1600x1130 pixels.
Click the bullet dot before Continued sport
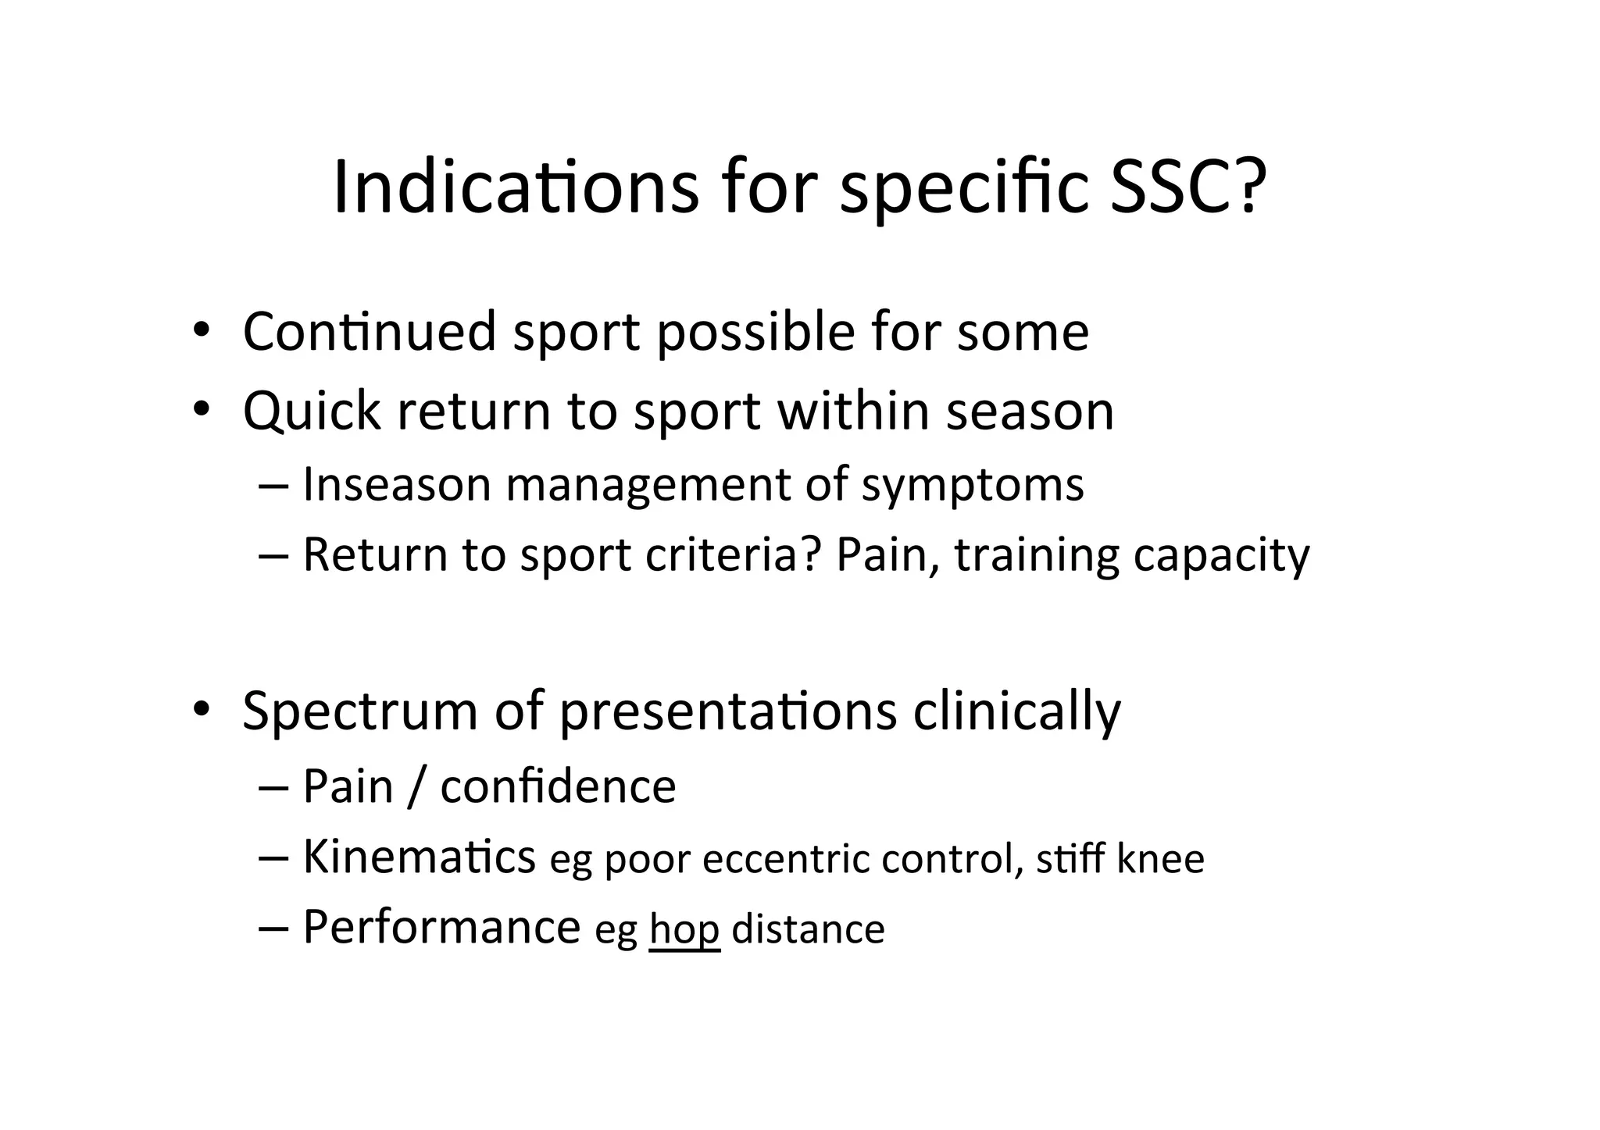pos(201,330)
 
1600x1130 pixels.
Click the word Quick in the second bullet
pos(311,412)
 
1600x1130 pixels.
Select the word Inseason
pos(396,484)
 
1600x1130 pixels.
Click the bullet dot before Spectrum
pos(201,709)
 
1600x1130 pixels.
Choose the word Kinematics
pos(419,857)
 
